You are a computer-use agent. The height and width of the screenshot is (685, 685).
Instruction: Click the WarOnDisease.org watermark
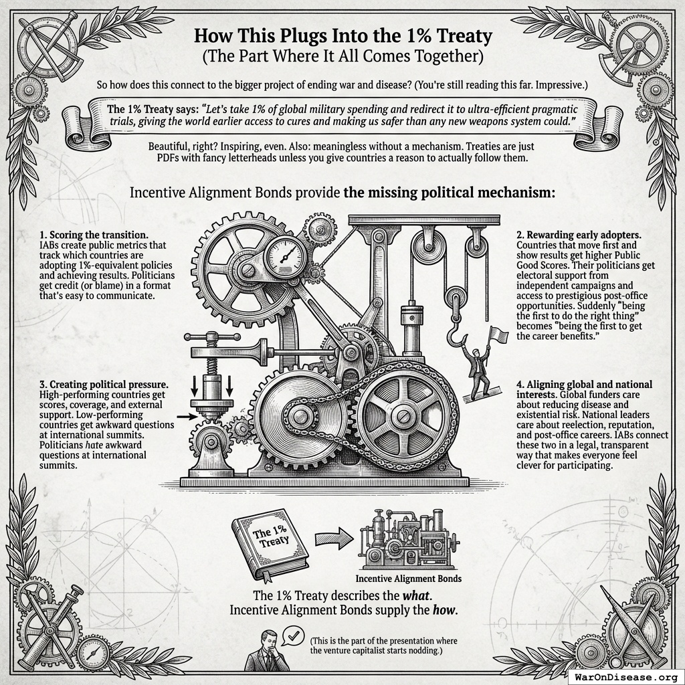point(625,677)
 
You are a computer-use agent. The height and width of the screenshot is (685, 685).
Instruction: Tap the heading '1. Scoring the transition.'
point(94,235)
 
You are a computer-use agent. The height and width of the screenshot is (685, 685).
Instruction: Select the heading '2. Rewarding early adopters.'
point(579,235)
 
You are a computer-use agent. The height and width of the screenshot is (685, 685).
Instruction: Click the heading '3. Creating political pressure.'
point(104,385)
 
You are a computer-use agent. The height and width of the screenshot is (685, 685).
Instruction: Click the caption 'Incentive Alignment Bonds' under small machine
point(409,579)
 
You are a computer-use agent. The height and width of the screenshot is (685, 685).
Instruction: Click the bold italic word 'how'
point(444,610)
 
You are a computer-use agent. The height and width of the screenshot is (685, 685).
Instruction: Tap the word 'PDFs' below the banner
point(167,157)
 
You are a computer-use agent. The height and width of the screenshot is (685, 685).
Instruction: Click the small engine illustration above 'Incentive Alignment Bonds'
point(409,540)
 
